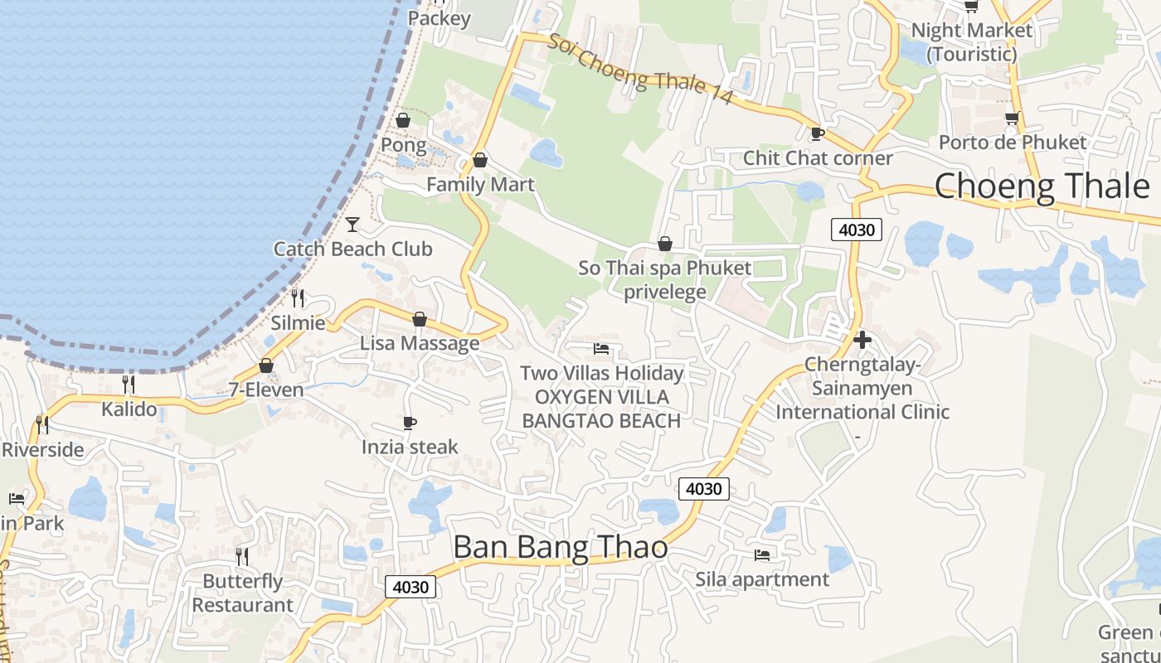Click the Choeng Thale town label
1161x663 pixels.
pos(1042,186)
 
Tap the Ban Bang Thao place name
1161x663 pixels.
pos(561,547)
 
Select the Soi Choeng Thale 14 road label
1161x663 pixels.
pos(639,70)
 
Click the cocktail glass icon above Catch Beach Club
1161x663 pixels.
pos(352,224)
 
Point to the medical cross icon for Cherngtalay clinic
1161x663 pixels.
pos(862,340)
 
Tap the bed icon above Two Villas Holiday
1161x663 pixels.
pos(601,349)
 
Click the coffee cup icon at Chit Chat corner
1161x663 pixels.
pos(817,133)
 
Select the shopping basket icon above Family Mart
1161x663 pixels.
pos(479,160)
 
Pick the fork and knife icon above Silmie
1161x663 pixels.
pos(298,298)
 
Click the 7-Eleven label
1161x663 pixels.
pos(266,390)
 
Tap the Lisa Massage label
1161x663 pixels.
pos(420,343)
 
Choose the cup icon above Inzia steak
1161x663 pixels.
pos(410,423)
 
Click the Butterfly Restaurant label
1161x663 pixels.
pos(243,593)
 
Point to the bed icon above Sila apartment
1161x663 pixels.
pos(762,554)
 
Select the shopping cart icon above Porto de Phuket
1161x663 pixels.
pos(1012,118)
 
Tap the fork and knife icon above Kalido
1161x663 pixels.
pos(129,384)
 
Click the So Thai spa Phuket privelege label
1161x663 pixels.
pos(665,279)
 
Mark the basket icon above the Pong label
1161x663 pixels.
pos(403,120)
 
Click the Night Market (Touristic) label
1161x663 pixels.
pos(972,42)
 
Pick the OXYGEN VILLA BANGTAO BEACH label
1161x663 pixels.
pos(601,409)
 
